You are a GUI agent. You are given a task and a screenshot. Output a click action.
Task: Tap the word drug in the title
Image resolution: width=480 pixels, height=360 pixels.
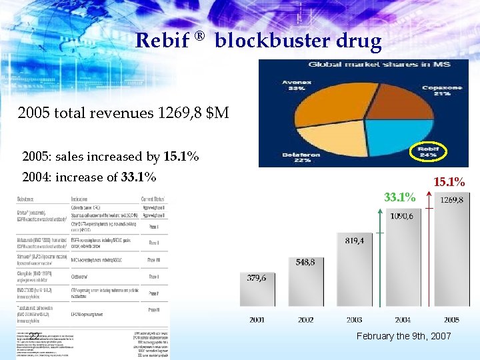[x=360, y=41]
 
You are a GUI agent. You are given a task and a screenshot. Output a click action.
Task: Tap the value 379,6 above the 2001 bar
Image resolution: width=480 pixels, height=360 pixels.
[x=257, y=278]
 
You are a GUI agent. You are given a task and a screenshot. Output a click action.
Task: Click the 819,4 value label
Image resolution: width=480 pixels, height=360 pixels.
[x=353, y=241]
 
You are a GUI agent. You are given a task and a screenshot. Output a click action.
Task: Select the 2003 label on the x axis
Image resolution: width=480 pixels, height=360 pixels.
[x=354, y=320]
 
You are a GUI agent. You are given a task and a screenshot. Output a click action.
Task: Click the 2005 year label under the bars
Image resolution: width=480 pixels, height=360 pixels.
[x=451, y=320]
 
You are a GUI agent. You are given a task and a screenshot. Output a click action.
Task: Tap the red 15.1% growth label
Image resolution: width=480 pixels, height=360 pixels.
[x=449, y=181]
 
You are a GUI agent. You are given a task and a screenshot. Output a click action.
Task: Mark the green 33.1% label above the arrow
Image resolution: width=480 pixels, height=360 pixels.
[x=401, y=197]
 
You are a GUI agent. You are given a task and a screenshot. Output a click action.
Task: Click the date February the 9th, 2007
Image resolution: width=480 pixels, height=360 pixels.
[x=403, y=337]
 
